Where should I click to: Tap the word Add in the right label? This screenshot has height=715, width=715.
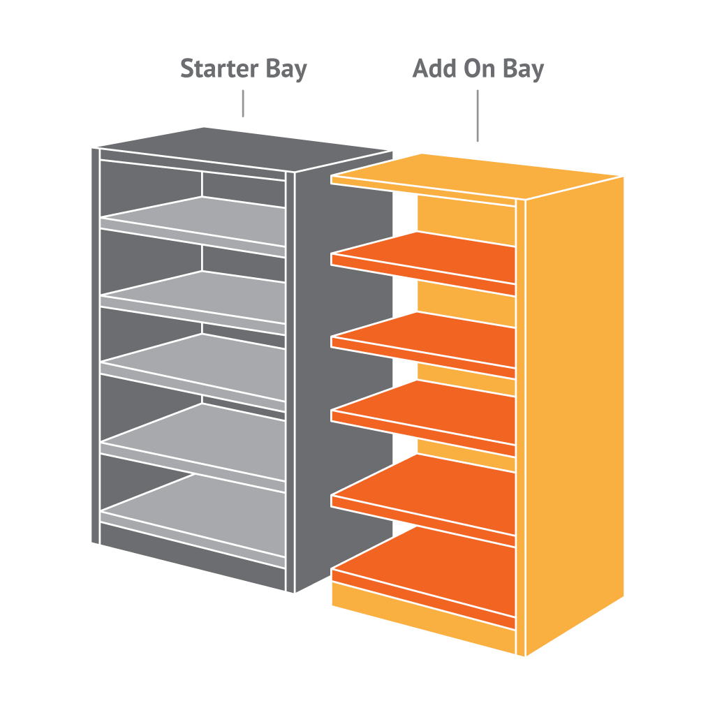(x=437, y=69)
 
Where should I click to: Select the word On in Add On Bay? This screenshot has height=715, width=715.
(x=482, y=69)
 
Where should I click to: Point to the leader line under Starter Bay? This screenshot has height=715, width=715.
(x=243, y=104)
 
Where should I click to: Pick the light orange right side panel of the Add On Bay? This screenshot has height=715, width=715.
(x=573, y=405)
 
